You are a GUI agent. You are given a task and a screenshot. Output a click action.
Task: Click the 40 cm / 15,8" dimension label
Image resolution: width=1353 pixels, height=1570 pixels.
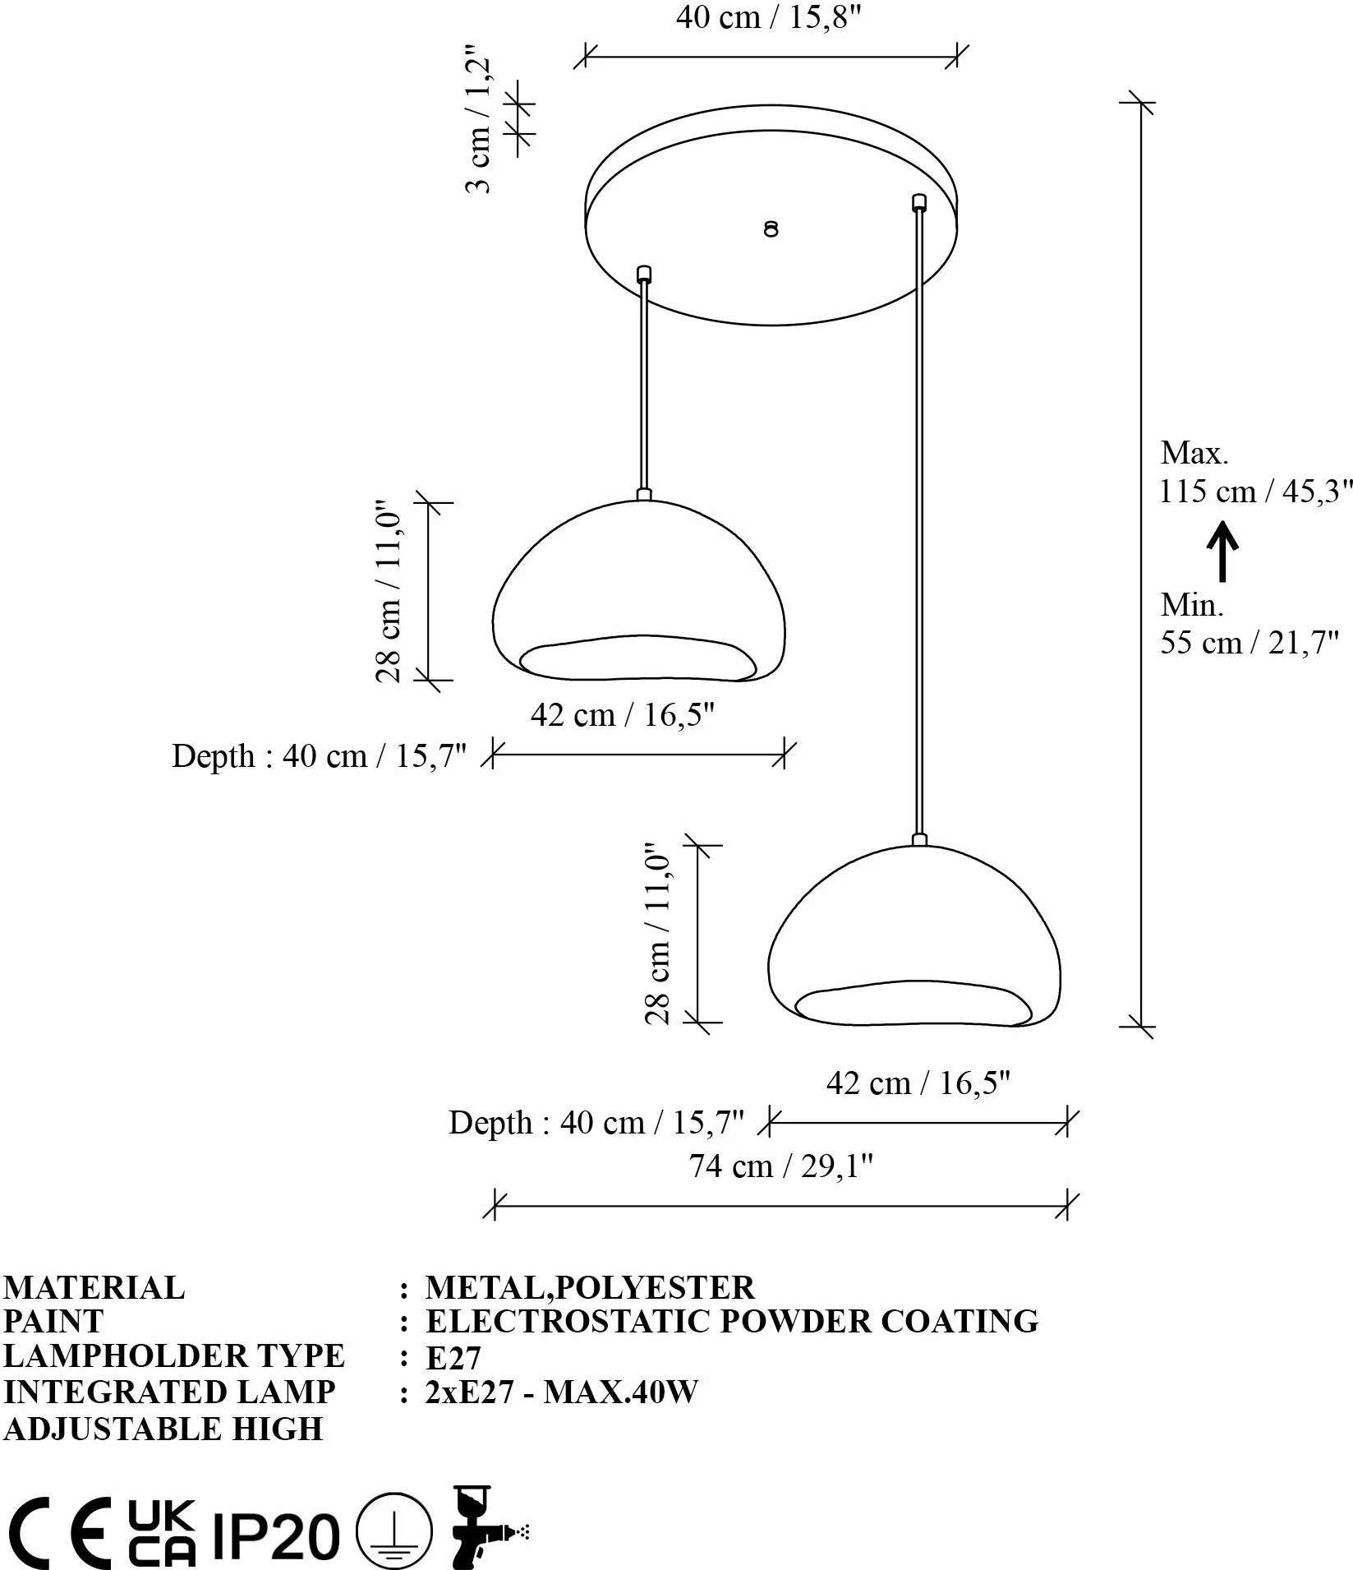[768, 17]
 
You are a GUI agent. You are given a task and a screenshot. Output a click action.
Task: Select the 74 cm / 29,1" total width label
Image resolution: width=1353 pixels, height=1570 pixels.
[780, 1166]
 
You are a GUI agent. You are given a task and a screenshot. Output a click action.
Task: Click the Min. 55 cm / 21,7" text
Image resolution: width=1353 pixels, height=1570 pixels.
[1249, 624]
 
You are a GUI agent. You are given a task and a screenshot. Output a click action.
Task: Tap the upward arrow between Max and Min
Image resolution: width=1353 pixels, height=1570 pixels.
[1222, 551]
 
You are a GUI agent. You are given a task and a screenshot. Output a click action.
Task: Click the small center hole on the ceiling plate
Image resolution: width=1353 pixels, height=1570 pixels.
[771, 229]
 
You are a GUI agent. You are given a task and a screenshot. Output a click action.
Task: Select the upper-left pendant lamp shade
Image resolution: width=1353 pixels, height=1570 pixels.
[639, 590]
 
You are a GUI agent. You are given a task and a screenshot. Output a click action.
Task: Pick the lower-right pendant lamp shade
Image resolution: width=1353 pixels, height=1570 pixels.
[914, 935]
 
